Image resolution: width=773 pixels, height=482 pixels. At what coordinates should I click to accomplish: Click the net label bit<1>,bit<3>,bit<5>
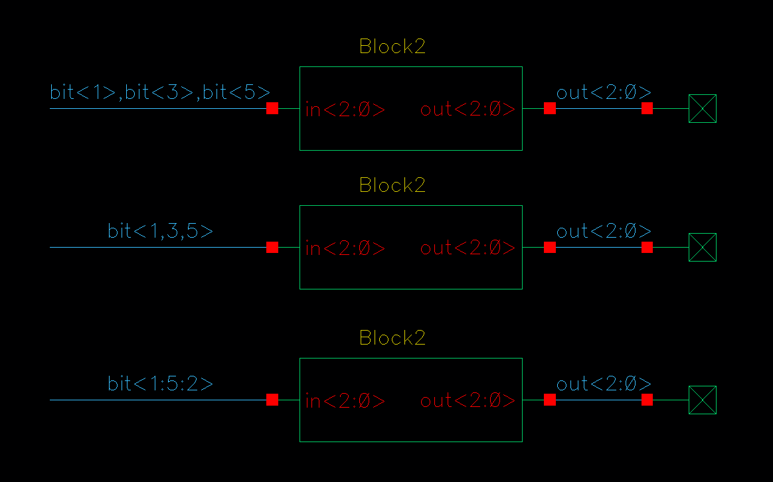click(160, 92)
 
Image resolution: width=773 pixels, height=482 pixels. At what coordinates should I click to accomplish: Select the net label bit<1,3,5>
click(160, 231)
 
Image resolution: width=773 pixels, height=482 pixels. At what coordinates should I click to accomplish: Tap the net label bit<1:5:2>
click(160, 384)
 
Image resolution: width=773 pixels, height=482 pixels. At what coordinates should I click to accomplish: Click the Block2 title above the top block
click(392, 46)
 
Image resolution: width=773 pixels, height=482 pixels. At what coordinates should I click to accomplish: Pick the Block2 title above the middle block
click(392, 185)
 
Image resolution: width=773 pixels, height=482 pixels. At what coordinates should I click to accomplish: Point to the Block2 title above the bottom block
click(392, 338)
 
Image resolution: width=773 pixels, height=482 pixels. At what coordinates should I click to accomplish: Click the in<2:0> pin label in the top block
click(345, 110)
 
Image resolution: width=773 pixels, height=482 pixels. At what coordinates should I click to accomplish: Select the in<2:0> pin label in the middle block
click(345, 248)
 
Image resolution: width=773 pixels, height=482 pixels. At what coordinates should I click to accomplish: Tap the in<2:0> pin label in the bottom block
click(345, 401)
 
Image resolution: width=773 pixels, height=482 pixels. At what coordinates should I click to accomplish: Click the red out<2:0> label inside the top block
click(468, 110)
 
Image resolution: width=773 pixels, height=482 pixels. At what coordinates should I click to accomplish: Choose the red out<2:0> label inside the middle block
click(468, 248)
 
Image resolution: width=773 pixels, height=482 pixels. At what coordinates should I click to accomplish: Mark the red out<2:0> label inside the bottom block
click(468, 401)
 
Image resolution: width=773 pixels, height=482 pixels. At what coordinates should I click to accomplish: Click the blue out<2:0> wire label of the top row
click(604, 92)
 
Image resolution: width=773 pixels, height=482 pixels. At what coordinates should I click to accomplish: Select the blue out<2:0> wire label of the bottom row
click(604, 384)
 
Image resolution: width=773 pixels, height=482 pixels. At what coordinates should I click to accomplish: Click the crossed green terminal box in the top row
click(702, 108)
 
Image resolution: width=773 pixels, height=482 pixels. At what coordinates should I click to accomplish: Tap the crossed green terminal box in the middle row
click(702, 247)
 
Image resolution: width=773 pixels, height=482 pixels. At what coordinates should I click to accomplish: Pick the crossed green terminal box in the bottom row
click(702, 400)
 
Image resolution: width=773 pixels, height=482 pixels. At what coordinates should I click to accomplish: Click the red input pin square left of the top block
click(272, 108)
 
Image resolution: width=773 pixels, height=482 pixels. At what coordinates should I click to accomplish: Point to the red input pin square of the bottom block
click(272, 400)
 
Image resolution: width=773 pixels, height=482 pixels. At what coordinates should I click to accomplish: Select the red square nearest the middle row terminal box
click(647, 247)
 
